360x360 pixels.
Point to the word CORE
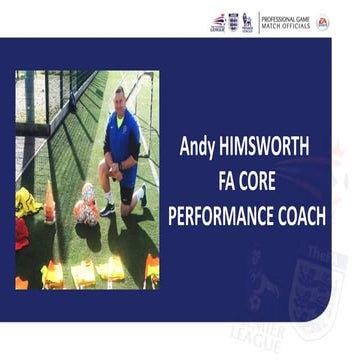pos(267,181)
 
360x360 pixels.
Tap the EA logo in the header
pos(323,21)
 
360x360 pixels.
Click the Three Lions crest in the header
pos(233,21)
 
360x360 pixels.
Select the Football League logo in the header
pos(217,21)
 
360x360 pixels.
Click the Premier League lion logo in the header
pos(247,21)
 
